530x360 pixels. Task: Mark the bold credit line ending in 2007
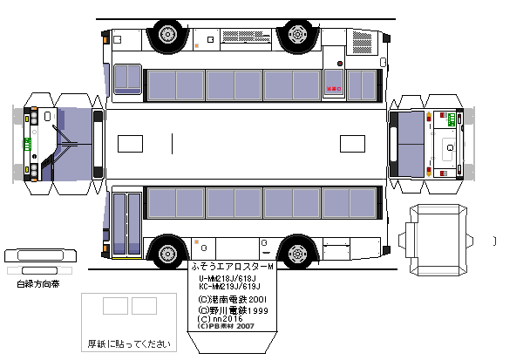coord(225,328)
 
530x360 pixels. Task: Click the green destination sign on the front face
coord(27,145)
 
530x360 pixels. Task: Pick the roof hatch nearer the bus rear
coord(129,143)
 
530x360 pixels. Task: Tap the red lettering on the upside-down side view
coord(331,88)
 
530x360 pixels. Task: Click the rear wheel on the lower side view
coord(297,254)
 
